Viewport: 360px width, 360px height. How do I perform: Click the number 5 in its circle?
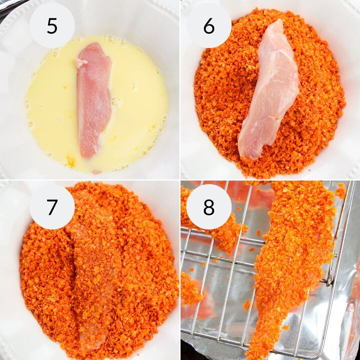tap(52, 26)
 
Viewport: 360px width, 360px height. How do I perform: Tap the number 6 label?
tap(209, 26)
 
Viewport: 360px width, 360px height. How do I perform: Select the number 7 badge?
tap(52, 207)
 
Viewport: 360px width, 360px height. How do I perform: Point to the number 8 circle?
tap(209, 207)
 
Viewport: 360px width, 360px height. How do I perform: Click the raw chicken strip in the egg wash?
tap(93, 101)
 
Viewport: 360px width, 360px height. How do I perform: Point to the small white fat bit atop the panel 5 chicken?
tap(81, 62)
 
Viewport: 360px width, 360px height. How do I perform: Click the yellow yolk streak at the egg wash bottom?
tap(70, 160)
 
